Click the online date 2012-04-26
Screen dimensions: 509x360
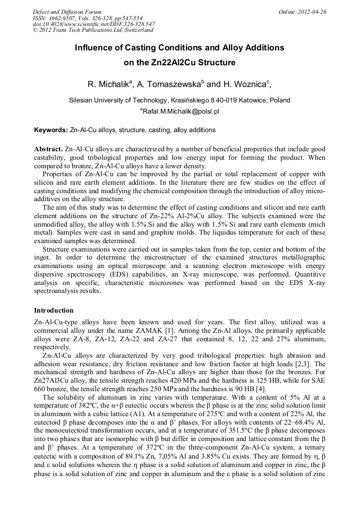click(x=313, y=11)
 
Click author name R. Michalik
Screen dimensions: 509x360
click(x=107, y=85)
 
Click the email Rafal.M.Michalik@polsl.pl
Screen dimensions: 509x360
click(x=181, y=112)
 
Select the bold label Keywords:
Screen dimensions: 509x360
click(x=51, y=130)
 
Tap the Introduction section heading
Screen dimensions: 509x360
click(x=54, y=310)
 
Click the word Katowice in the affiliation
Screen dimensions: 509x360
click(x=253, y=100)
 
